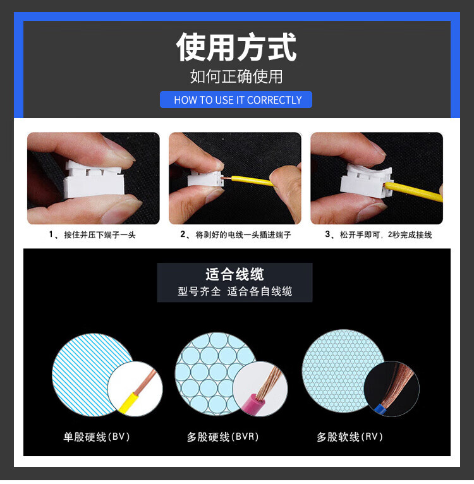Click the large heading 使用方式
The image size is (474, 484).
tap(236, 47)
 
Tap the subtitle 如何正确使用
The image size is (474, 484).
tap(236, 76)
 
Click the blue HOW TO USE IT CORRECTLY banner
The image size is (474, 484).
tap(236, 100)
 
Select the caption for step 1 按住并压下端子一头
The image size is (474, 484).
tap(92, 235)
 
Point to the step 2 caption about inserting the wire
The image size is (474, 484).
tap(236, 235)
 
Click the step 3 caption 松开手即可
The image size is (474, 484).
tap(379, 235)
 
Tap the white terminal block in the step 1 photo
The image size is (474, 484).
tap(94, 180)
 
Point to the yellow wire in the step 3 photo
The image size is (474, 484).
tap(414, 191)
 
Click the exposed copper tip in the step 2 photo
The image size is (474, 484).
tap(227, 178)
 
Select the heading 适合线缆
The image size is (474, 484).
tap(234, 274)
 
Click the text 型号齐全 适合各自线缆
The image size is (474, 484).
tap(234, 291)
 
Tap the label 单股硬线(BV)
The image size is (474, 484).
tap(96, 437)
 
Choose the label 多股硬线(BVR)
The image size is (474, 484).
tap(222, 437)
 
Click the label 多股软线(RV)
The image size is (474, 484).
tap(349, 437)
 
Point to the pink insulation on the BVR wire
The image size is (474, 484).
tap(257, 405)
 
